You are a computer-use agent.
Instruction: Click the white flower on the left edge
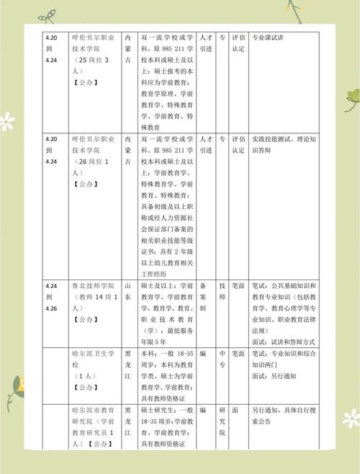point(6,120)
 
